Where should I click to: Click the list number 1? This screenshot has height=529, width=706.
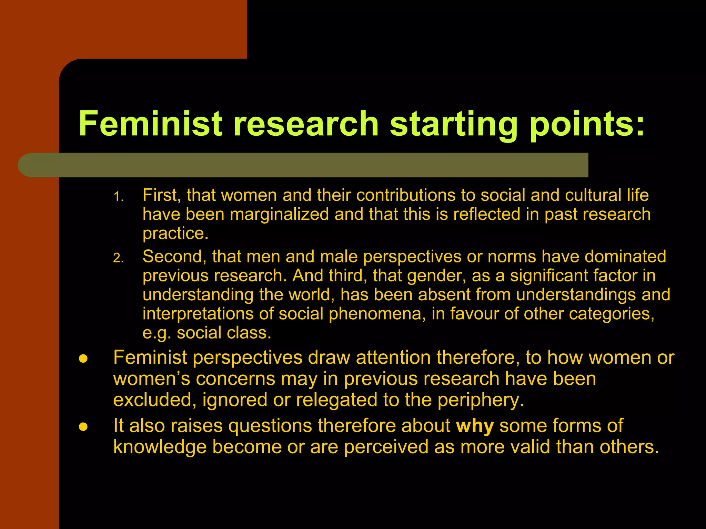point(118,197)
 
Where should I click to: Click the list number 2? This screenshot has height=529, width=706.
point(118,258)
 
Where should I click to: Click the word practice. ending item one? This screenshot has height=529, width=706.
point(175,234)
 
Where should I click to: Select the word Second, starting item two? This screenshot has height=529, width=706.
point(174,257)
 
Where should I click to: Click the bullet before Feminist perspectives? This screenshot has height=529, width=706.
point(83,359)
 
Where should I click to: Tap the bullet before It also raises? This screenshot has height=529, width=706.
point(83,427)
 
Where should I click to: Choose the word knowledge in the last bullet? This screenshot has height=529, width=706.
point(160,447)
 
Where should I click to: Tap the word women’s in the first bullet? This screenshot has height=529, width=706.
point(152,379)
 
